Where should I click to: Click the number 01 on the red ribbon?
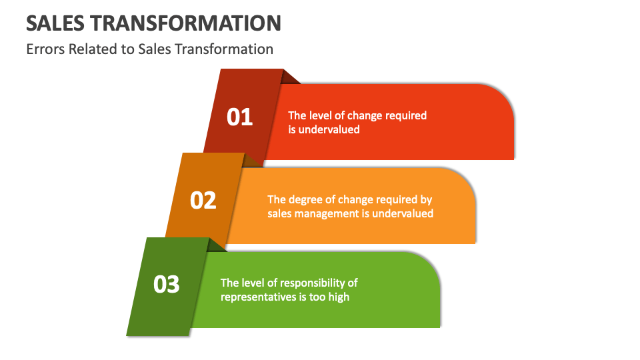point(240,117)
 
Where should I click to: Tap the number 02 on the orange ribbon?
point(203,200)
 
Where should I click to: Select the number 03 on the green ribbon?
point(167,285)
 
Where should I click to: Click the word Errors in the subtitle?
point(45,49)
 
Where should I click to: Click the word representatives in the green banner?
point(257,297)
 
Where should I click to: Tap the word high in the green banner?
point(338,297)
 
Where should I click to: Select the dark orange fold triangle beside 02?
point(252,161)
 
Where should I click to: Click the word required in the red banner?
point(404,115)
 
